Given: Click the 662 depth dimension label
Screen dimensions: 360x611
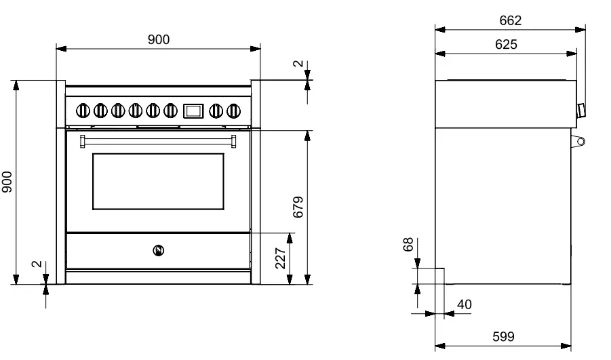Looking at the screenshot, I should point(510,21).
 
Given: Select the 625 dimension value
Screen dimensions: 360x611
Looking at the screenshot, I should point(506,45).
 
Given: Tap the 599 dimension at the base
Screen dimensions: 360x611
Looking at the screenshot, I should point(502,336).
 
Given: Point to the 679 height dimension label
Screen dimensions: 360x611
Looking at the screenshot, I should point(298,207).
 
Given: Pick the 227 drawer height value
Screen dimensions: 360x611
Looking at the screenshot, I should point(280,258).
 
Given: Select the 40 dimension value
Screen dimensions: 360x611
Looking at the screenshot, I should point(464,304).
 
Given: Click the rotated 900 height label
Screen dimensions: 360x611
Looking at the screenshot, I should point(6,182).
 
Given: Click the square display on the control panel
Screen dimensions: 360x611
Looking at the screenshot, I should point(193,108).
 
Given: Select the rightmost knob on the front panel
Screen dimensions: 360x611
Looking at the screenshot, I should point(234,108).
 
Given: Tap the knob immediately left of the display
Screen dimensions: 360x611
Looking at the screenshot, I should point(170,108).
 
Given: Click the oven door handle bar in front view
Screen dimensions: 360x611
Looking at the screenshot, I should point(158,140).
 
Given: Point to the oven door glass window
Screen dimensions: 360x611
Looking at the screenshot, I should point(158,181).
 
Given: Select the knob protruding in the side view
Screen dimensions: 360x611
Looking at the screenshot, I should point(580,111).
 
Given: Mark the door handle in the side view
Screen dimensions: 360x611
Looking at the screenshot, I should point(578,141).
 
